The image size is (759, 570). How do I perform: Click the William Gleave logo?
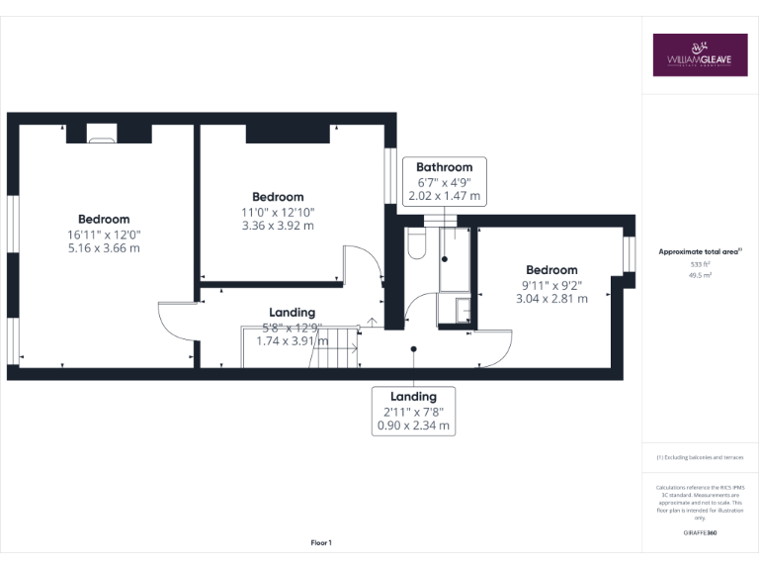(700, 55)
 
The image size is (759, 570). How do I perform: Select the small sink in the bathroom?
(460, 312)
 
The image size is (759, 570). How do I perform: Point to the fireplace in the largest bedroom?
(101, 134)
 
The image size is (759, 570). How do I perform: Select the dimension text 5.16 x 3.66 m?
(104, 248)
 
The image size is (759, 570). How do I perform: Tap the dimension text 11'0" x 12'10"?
(278, 212)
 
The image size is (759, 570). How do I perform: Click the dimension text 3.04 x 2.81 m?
(551, 298)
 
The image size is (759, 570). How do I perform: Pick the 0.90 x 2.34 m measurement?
(413, 426)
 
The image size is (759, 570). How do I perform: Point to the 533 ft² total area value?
(700, 264)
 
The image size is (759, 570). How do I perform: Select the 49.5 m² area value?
(700, 276)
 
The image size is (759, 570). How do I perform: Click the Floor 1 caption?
(321, 542)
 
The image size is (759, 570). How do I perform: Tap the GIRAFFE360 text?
(700, 532)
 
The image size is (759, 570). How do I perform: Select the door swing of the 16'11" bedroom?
(175, 322)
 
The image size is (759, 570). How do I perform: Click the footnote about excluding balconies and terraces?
(700, 457)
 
